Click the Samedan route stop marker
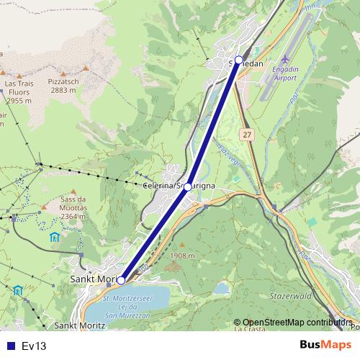(238, 60)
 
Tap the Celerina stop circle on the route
(187, 186)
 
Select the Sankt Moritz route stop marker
(121, 280)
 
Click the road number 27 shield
(248, 135)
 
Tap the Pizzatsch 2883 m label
(64, 86)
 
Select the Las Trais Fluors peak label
(19, 92)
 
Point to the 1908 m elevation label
(183, 256)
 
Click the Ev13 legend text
(34, 346)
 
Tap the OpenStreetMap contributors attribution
(297, 323)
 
